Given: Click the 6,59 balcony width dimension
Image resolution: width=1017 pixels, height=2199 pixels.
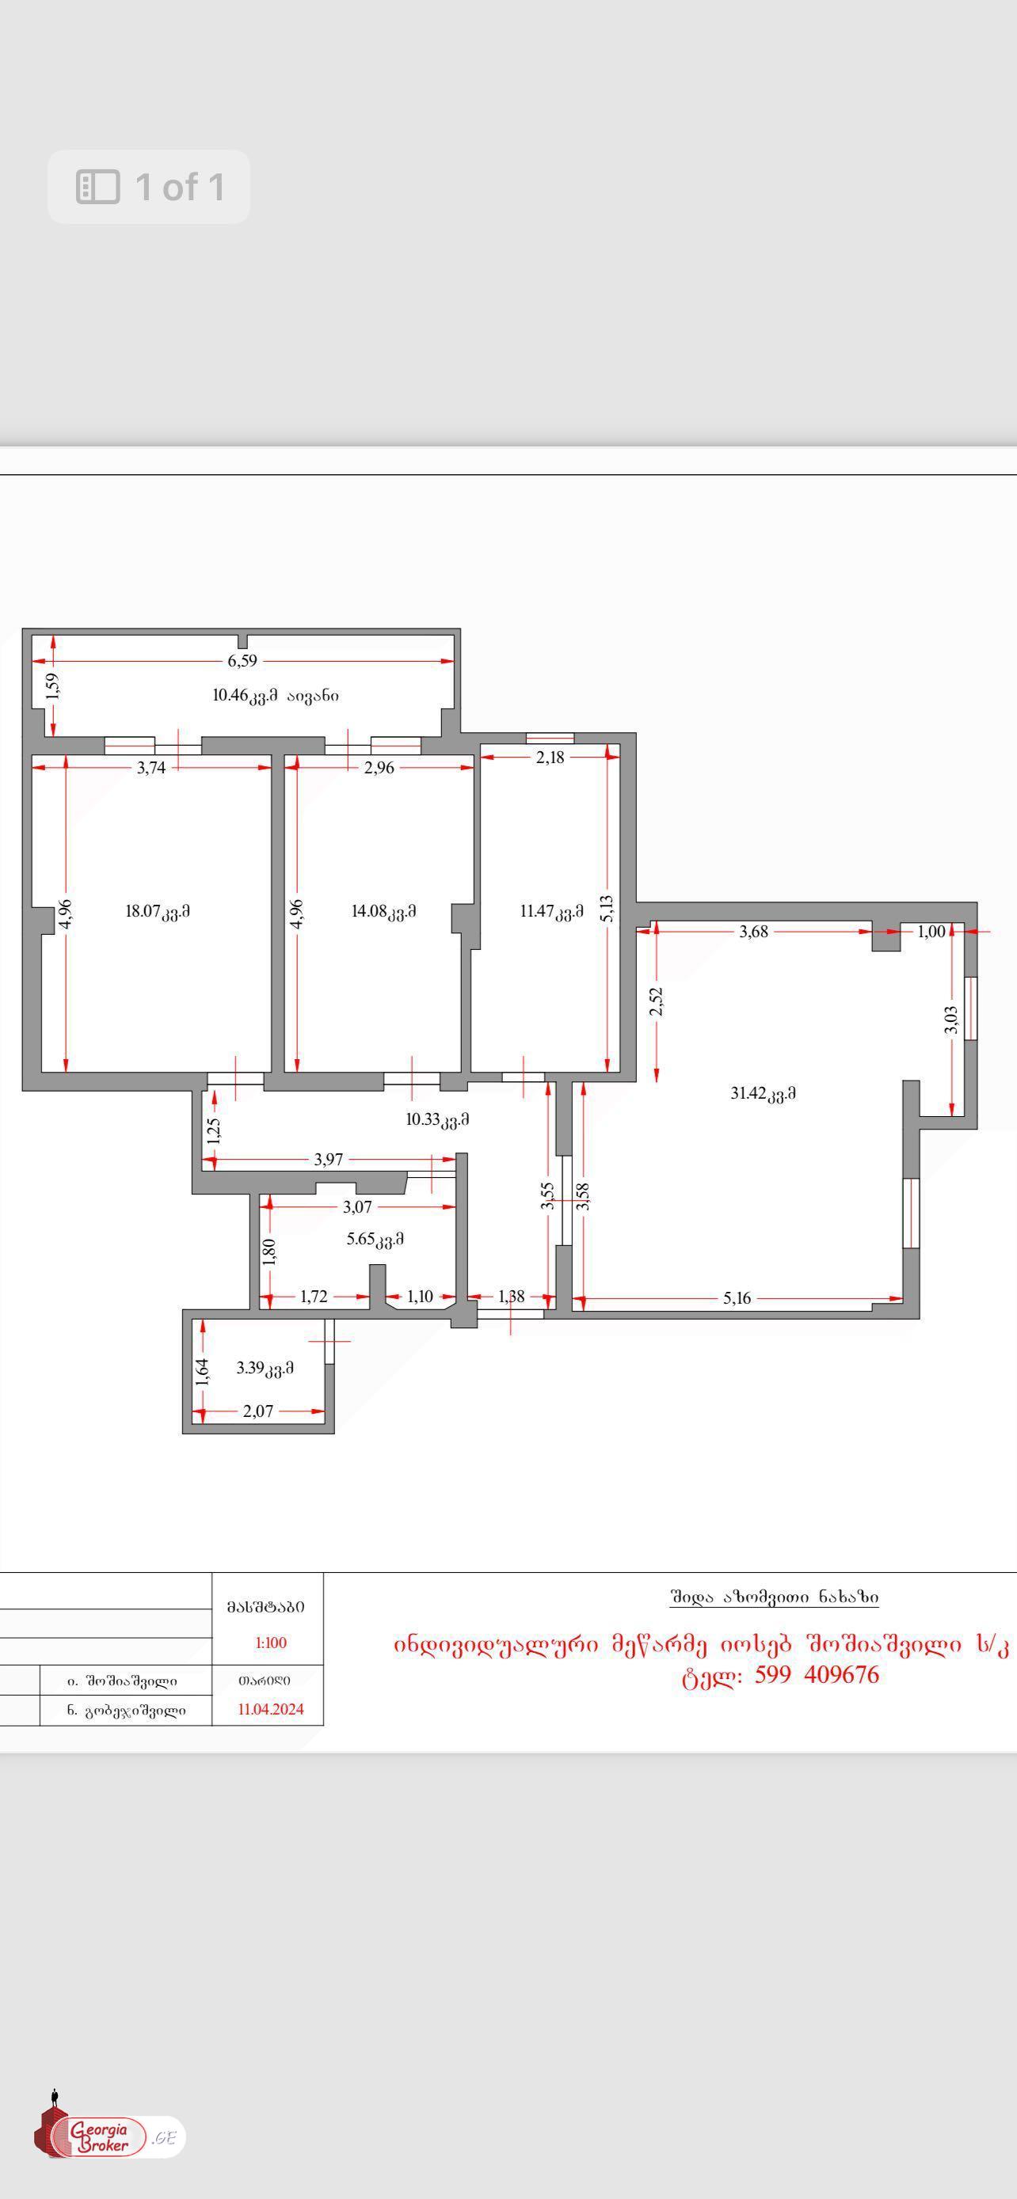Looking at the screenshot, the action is tap(242, 661).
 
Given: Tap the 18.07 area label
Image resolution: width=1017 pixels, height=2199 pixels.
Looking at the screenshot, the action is tap(158, 911).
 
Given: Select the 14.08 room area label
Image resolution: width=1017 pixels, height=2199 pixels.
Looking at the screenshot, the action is tap(383, 911).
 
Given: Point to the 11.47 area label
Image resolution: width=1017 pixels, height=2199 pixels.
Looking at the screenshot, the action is tap(551, 911).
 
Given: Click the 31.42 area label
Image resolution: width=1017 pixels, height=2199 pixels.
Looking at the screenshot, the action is tap(764, 1092).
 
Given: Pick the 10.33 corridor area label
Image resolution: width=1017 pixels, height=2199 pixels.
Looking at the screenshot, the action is tap(437, 1119).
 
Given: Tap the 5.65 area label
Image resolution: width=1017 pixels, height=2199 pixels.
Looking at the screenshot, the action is tap(375, 1239).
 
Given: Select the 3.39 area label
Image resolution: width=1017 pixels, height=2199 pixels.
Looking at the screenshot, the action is tap(265, 1368).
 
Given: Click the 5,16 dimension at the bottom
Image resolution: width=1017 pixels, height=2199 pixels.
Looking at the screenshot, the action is tap(737, 1297).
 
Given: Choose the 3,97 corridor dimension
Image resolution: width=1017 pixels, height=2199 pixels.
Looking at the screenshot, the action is tap(329, 1158).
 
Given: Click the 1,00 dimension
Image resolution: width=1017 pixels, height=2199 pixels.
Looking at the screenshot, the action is tap(931, 932).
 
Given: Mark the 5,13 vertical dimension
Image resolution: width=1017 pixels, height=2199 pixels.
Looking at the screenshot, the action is tap(608, 908).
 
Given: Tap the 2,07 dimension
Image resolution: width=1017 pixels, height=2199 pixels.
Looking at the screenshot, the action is tap(258, 1411).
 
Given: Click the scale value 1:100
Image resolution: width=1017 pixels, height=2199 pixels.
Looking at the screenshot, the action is tap(271, 1643).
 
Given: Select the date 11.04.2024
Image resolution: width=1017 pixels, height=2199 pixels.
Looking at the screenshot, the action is tap(271, 1709).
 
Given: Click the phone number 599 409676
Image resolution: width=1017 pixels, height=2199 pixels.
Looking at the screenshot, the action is tap(817, 1674).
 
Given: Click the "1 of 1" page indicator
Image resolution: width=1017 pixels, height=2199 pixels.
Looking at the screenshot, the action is tap(149, 187).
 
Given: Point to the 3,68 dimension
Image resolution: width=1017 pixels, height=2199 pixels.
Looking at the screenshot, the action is tap(754, 932).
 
